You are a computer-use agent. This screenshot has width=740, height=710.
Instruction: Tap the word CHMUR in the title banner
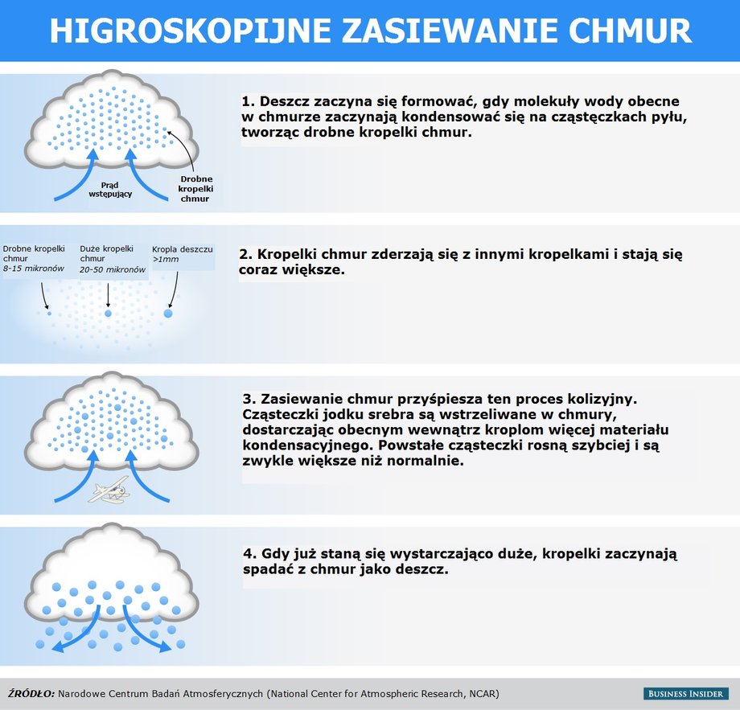pyautogui.click(x=630, y=31)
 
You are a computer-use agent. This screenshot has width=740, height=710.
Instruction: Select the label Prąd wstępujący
pyautogui.click(x=110, y=189)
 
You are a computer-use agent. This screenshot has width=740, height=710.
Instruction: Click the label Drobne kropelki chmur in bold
pyautogui.click(x=195, y=189)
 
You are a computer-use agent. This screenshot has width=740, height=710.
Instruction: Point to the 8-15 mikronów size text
pyautogui.click(x=34, y=269)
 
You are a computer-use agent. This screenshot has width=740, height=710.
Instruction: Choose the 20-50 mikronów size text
pyautogui.click(x=113, y=269)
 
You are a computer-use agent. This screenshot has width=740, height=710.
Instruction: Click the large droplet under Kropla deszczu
pyautogui.click(x=168, y=314)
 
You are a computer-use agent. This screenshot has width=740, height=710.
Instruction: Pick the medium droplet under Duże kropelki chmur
pyautogui.click(x=108, y=314)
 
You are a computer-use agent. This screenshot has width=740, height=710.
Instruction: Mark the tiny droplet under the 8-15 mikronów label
pyautogui.click(x=49, y=313)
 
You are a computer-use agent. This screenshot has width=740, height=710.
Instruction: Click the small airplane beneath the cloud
pyautogui.click(x=109, y=490)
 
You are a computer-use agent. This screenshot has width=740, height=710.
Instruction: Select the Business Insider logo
pyautogui.click(x=685, y=693)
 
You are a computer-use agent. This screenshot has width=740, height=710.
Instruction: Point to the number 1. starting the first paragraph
pyautogui.click(x=249, y=101)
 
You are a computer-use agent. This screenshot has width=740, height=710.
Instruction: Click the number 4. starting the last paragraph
pyautogui.click(x=250, y=553)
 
